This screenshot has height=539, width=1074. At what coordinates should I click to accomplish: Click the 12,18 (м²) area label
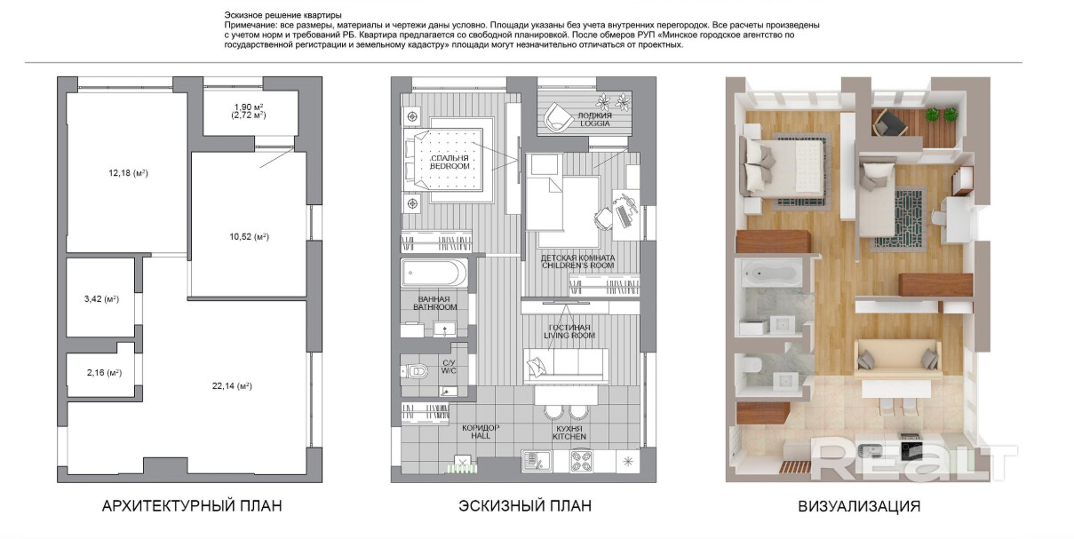pyautogui.click(x=128, y=173)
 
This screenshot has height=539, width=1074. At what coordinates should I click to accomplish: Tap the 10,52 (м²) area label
pyautogui.click(x=249, y=237)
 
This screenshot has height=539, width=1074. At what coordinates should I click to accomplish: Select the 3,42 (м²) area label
pyautogui.click(x=101, y=299)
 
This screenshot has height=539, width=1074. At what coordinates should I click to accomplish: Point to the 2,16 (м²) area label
pyautogui.click(x=104, y=372)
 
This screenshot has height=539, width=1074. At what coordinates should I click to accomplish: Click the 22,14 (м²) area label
pyautogui.click(x=232, y=385)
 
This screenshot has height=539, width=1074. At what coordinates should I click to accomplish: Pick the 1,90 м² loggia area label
pyautogui.click(x=249, y=107)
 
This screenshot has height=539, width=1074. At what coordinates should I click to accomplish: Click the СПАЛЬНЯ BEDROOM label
pyautogui.click(x=449, y=162)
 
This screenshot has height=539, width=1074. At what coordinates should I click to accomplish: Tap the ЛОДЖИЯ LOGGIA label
pyautogui.click(x=594, y=119)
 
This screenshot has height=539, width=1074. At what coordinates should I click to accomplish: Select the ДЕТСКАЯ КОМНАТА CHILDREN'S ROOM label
pyautogui.click(x=577, y=261)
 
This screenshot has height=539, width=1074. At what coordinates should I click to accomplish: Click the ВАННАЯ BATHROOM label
pyautogui.click(x=435, y=303)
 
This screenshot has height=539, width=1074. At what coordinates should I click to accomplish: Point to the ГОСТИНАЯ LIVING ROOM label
pyautogui.click(x=569, y=331)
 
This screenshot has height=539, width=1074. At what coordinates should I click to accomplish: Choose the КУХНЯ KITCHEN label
pyautogui.click(x=569, y=432)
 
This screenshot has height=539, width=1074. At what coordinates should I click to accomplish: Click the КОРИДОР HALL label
pyautogui.click(x=481, y=432)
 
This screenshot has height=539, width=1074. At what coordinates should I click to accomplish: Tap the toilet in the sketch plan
pyautogui.click(x=414, y=371)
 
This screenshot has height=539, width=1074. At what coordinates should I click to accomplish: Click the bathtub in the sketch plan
pyautogui.click(x=434, y=273)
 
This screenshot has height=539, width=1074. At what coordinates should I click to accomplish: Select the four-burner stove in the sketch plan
pyautogui.click(x=581, y=462)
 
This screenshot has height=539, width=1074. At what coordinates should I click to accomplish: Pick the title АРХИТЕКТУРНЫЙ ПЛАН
pyautogui.click(x=192, y=506)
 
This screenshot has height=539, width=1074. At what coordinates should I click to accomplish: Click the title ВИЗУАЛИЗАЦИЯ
pyautogui.click(x=859, y=506)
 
